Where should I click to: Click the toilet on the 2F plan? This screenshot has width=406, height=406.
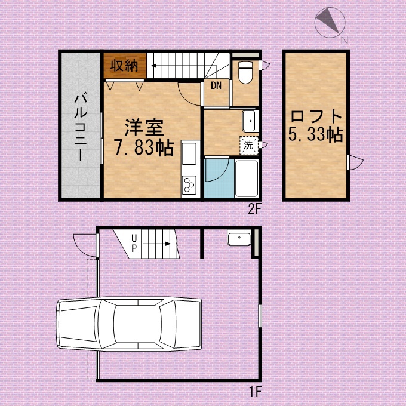click(x=245, y=72)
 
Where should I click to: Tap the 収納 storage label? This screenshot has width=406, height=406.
click(x=124, y=66)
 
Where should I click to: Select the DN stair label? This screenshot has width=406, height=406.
click(x=216, y=85)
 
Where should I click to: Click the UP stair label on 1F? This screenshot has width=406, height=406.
click(x=134, y=243)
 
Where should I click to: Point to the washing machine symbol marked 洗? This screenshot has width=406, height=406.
click(x=249, y=146)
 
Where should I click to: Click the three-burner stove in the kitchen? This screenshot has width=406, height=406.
click(x=189, y=185)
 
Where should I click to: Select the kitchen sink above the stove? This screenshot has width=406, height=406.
click(x=189, y=153)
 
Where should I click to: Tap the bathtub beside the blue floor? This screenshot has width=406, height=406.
click(x=247, y=179)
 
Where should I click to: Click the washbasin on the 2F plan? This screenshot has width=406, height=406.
click(x=250, y=121)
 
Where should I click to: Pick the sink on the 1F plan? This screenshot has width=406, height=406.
click(x=239, y=239)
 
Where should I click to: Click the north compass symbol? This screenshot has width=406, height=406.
click(x=330, y=23)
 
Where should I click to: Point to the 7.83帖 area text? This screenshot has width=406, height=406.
click(x=144, y=148)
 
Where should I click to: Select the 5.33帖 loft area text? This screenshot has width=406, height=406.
click(x=316, y=134)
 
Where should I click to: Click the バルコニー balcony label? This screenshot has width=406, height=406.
click(x=81, y=127)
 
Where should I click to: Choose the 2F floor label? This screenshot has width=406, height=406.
click(x=254, y=209)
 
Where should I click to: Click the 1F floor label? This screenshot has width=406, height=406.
click(x=255, y=391)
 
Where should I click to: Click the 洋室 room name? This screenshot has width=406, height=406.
click(x=144, y=128)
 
